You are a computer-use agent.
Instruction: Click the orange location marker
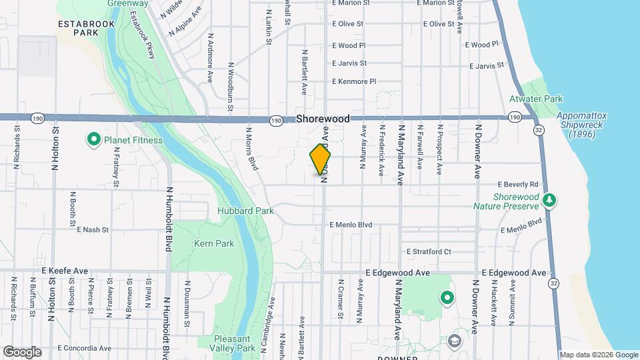(320, 160)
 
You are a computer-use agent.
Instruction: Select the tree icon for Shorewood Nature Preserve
(549, 199)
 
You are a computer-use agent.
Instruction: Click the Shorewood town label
(323, 119)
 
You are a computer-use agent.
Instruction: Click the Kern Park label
(214, 243)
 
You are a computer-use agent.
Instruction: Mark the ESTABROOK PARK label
(87, 27)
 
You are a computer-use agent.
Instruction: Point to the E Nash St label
(92, 229)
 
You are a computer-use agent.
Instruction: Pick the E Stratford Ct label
(429, 251)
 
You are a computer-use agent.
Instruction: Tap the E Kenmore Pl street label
(354, 81)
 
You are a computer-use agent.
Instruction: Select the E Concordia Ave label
(84, 348)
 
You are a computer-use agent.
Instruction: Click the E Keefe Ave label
(65, 271)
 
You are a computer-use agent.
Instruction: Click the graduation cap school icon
(455, 341)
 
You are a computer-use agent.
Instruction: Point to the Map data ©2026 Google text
(598, 355)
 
